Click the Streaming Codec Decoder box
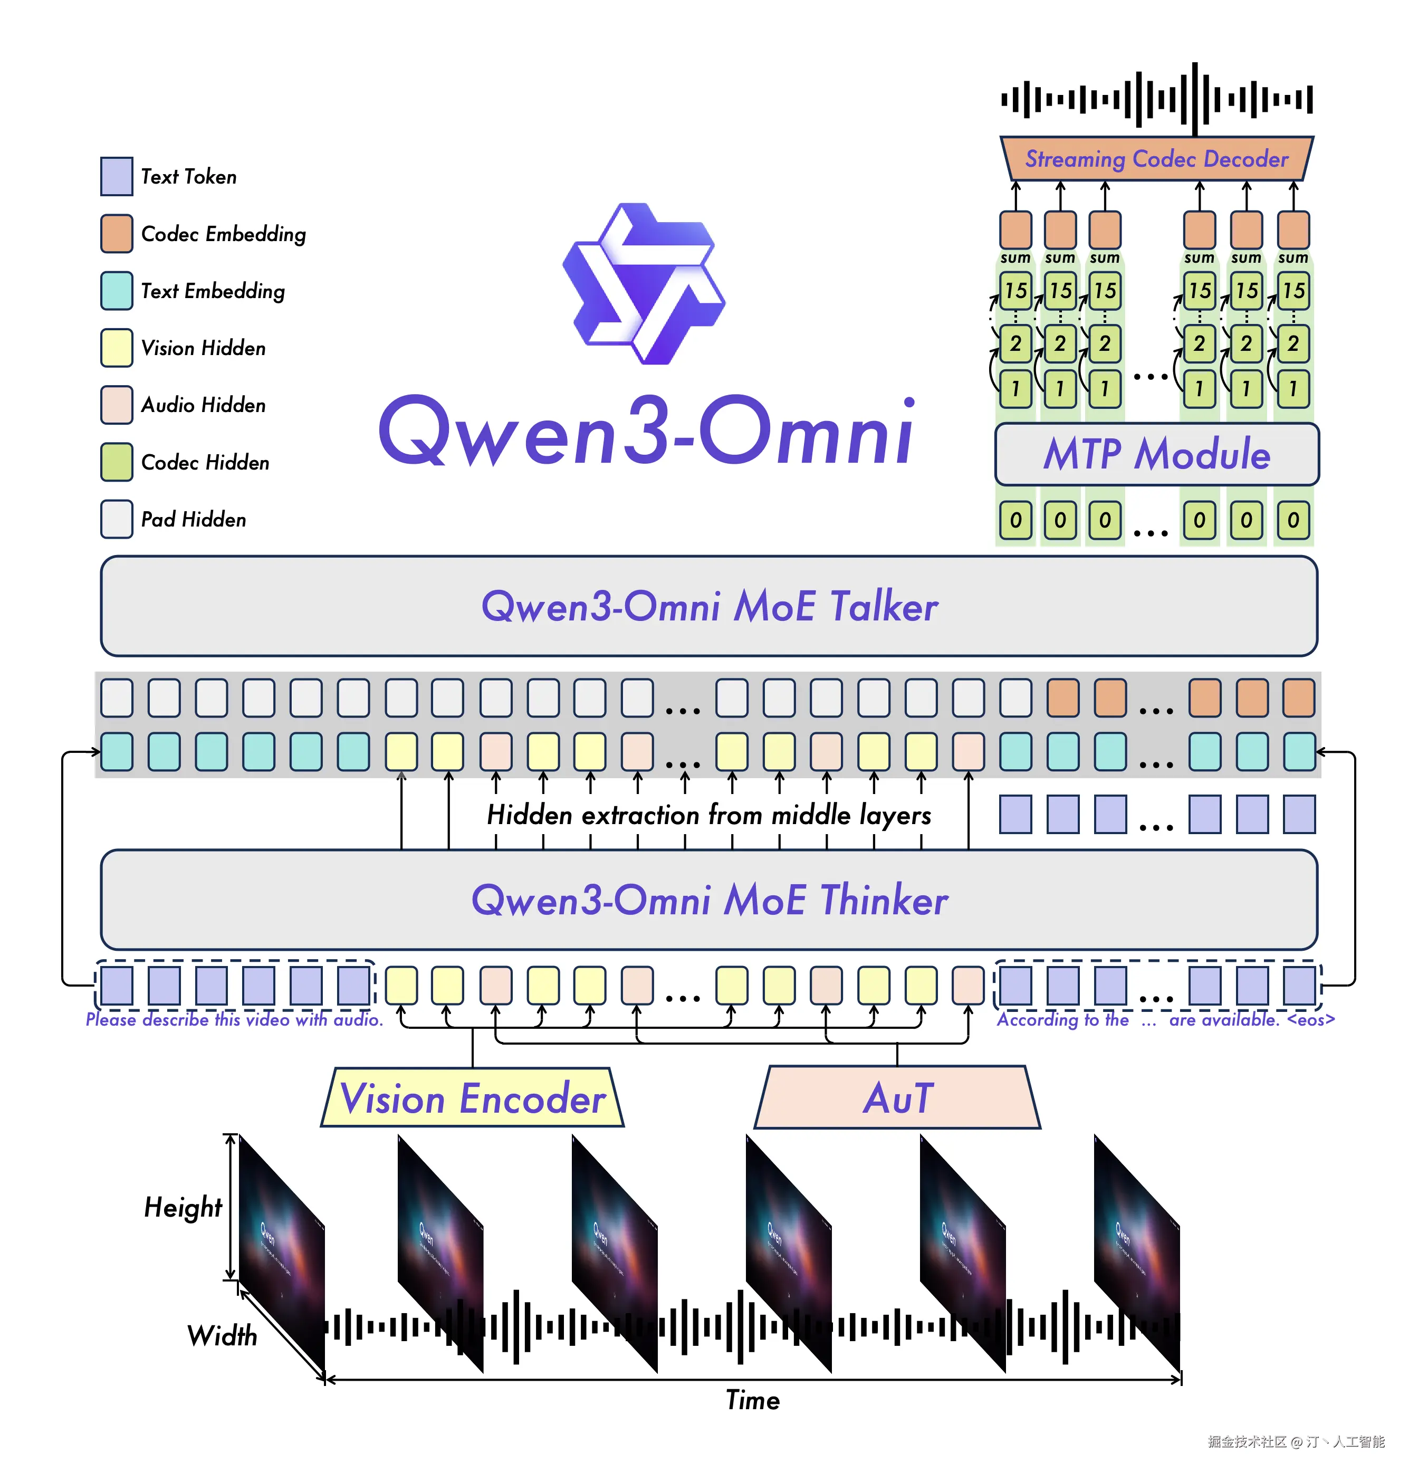pos(1156,159)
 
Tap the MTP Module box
pos(1156,454)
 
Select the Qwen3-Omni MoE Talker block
pos(709,606)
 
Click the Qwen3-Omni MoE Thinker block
pos(709,900)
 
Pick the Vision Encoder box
pos(473,1098)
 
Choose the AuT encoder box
pos(898,1098)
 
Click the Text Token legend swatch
pos(117,176)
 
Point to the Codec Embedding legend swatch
pos(117,234)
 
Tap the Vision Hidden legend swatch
pos(117,348)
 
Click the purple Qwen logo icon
pos(644,283)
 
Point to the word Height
pos(183,1208)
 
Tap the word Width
pos(222,1336)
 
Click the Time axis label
pos(752,1400)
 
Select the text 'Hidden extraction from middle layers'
pos(709,815)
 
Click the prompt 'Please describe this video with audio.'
pos(234,1020)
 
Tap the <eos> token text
pos(1311,1020)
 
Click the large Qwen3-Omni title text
pos(646,431)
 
